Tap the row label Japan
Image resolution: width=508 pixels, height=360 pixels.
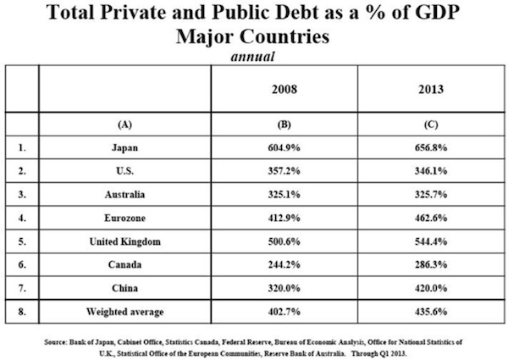pos(124,145)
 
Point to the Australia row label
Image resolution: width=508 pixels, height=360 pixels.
pos(124,193)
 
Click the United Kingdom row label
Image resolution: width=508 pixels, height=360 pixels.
pos(124,241)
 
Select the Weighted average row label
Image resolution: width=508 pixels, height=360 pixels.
pos(124,313)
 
